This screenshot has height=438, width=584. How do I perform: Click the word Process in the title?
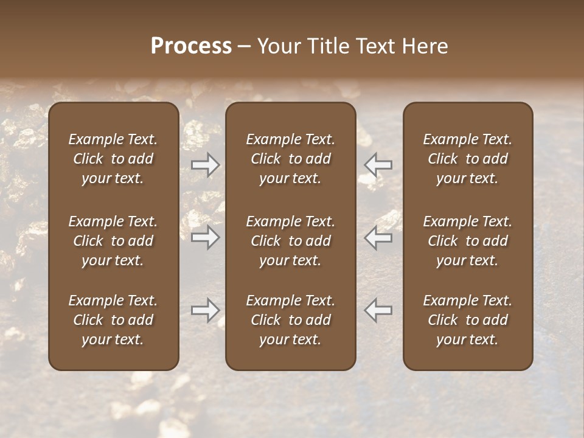coord(191,46)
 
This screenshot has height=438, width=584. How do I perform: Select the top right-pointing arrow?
coord(206,165)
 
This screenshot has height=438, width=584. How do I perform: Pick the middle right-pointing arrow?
coord(206,237)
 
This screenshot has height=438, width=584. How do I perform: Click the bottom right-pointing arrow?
coord(206,310)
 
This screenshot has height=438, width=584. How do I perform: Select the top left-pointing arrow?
coord(378,165)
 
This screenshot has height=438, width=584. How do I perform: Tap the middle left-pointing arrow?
coord(378,237)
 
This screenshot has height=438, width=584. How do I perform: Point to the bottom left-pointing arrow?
coord(378,310)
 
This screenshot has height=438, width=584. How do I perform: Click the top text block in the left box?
coord(113,159)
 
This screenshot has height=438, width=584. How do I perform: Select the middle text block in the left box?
coord(113,241)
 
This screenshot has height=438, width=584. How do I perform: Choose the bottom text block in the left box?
coord(113,320)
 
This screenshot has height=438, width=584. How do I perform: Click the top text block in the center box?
coord(290,159)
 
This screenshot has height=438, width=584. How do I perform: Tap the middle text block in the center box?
coord(290,241)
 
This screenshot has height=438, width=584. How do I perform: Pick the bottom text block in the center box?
coord(290,320)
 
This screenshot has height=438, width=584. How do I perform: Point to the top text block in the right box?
coord(467,159)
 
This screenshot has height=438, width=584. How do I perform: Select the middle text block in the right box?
coord(467,241)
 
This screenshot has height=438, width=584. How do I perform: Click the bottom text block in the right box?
coord(467,320)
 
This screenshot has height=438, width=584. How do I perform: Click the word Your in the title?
coord(279,46)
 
